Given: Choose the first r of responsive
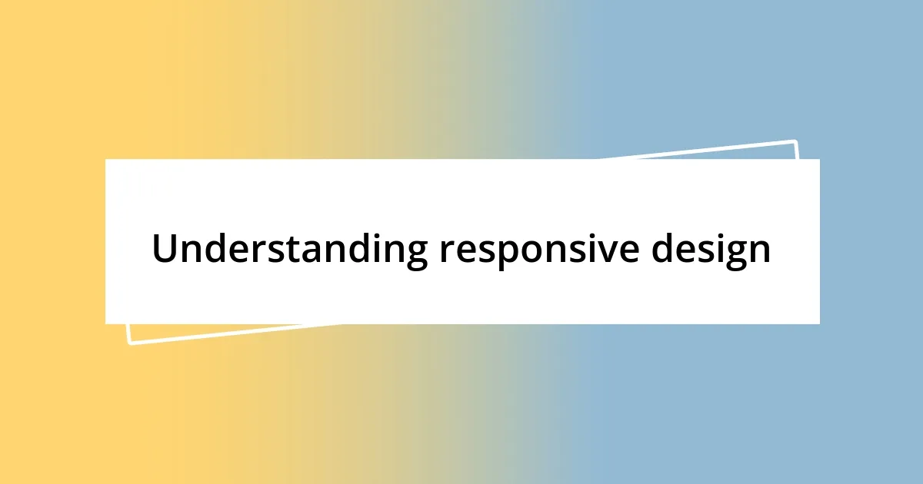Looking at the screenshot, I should pyautogui.click(x=447, y=252).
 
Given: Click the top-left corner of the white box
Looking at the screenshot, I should pyautogui.click(x=105, y=159).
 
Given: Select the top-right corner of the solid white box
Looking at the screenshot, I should pyautogui.click(x=819, y=159).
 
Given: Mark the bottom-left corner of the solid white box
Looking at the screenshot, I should pyautogui.click(x=105, y=323).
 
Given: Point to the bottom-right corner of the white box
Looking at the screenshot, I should pyautogui.click(x=819, y=323).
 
